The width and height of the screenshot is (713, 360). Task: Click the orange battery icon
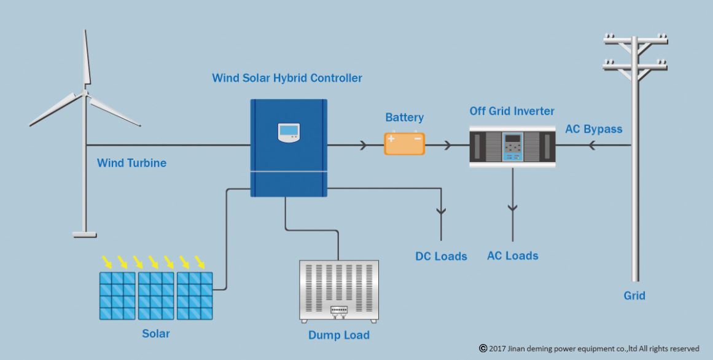coord(404,143)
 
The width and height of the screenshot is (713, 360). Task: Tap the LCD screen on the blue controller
coord(289,132)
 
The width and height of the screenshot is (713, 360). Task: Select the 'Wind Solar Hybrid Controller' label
coord(287,79)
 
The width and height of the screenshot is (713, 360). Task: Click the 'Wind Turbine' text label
coord(131,163)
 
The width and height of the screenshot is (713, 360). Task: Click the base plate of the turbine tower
coord(84,234)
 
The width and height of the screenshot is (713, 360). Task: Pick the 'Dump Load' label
coord(339,335)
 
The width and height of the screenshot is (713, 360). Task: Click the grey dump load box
coord(339,291)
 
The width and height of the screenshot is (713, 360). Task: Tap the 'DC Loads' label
coord(441,256)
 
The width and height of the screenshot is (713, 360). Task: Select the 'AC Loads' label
coord(512,256)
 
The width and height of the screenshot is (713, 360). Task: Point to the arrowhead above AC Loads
coord(513,209)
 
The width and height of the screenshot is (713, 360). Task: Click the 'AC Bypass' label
coord(593,129)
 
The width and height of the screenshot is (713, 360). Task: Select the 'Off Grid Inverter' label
coord(512,111)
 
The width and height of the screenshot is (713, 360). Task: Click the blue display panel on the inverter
coord(512,147)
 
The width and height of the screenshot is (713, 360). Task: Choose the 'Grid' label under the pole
coord(634,295)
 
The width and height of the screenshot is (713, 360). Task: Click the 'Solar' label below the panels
coord(157,334)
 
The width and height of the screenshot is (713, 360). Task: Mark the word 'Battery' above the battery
coord(404,117)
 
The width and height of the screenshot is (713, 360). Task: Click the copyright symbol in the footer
coord(483,348)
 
